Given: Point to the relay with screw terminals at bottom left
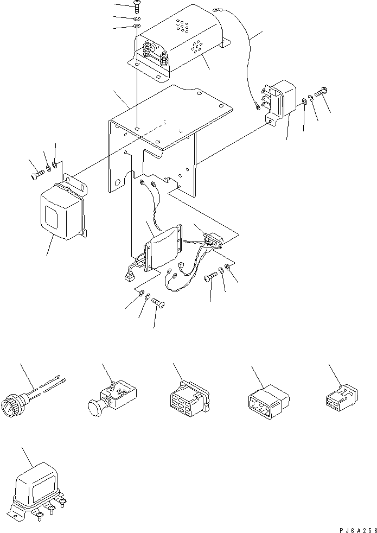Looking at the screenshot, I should click(x=37, y=488).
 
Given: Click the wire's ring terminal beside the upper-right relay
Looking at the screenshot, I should click(x=255, y=106).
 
